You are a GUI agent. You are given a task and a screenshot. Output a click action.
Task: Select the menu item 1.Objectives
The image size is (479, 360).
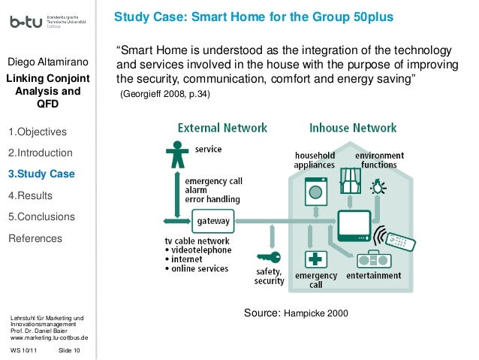pyautogui.click(x=37, y=132)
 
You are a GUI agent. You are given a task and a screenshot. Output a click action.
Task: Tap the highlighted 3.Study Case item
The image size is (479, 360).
pyautogui.click(x=41, y=174)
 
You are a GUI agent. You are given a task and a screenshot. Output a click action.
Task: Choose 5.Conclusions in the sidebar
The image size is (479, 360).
pyautogui.click(x=41, y=217)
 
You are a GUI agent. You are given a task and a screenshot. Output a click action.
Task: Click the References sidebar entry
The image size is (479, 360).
pyautogui.click(x=35, y=238)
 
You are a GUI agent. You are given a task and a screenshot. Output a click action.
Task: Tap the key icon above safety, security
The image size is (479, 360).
pyautogui.click(x=268, y=257)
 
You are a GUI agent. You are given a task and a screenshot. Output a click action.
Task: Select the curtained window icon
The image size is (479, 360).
pyautogui.click(x=350, y=180)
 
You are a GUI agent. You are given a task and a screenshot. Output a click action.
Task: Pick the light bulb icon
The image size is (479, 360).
pyautogui.click(x=379, y=184)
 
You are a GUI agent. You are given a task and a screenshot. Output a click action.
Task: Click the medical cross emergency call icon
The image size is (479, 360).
pyautogui.click(x=315, y=260)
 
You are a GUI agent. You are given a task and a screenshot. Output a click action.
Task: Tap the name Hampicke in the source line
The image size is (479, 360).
pyautogui.click(x=304, y=311)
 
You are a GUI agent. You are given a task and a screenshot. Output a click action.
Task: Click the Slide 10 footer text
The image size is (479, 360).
pyautogui.click(x=70, y=349)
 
